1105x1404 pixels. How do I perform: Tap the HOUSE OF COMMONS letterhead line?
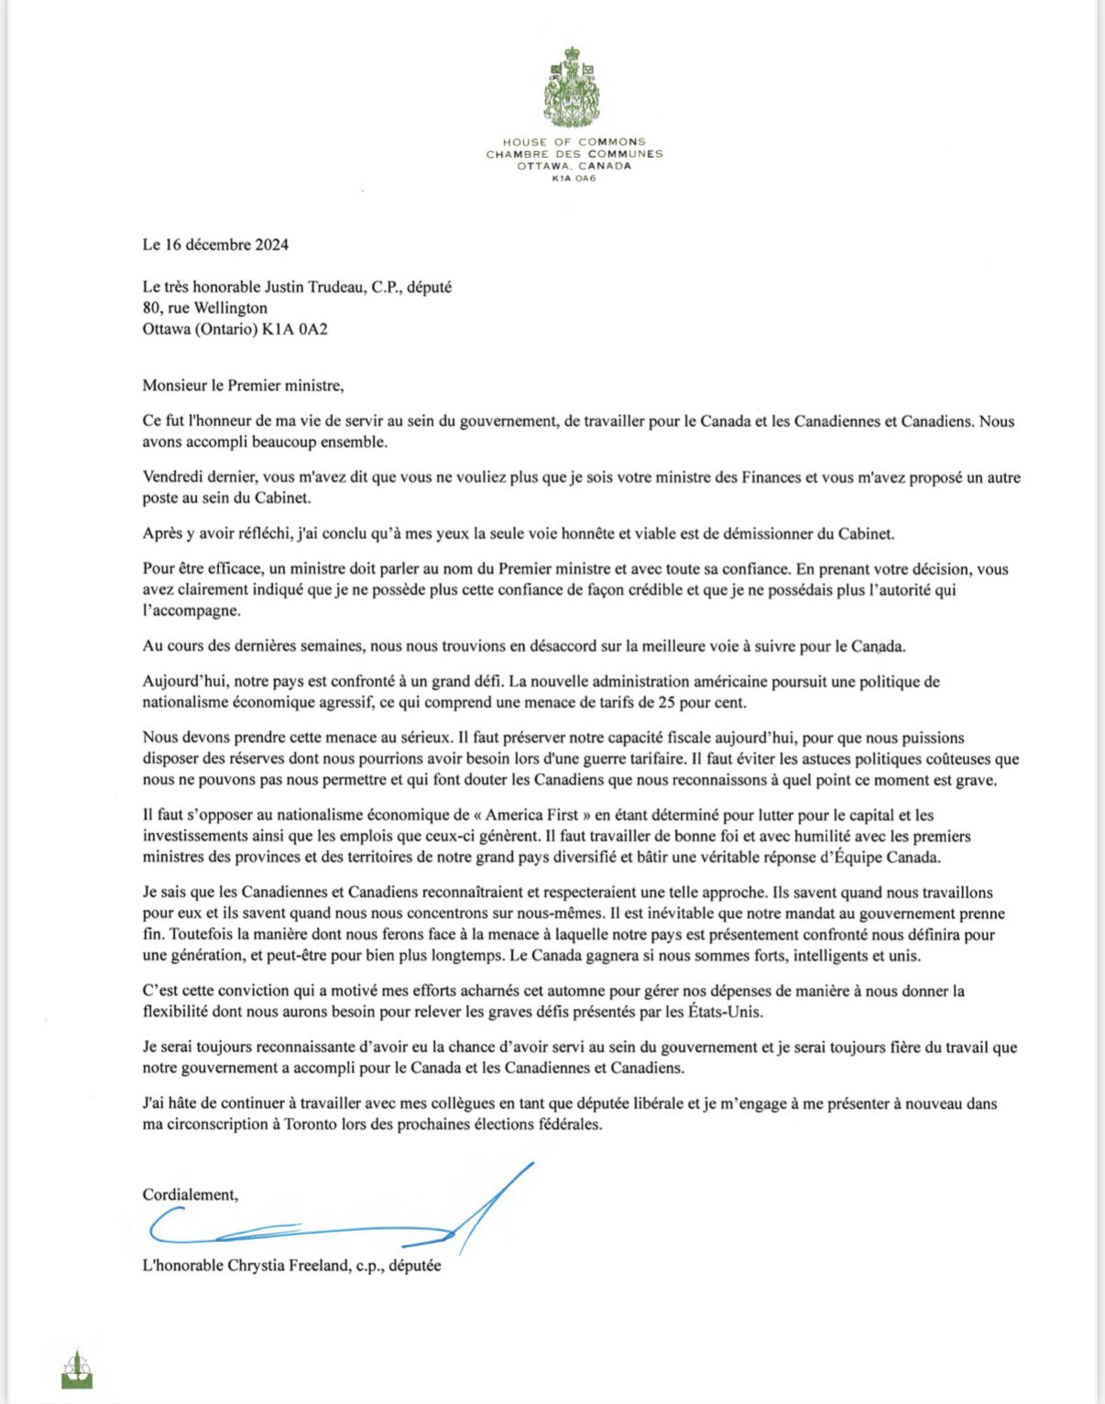click(574, 142)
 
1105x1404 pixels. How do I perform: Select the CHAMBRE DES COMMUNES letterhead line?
click(574, 154)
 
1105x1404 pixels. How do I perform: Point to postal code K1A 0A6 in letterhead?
click(574, 178)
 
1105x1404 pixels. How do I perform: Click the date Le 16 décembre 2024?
click(215, 244)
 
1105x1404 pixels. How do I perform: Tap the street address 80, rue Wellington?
click(204, 308)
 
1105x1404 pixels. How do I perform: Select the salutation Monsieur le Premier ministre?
click(243, 385)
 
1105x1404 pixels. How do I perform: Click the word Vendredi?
click(173, 477)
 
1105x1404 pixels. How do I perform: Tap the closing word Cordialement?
click(190, 1194)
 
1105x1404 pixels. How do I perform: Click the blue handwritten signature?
click(339, 1219)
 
